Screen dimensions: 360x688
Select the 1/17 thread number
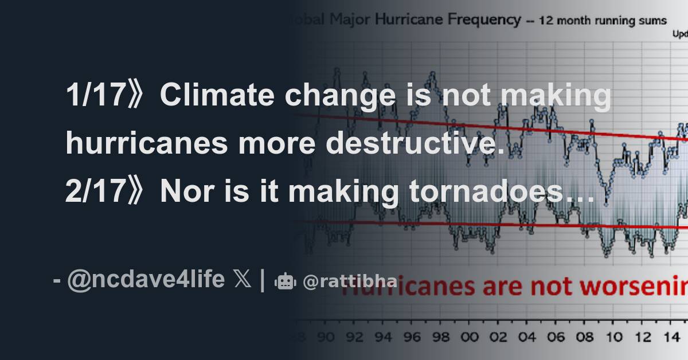click(x=94, y=95)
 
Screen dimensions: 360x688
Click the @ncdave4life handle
click(x=146, y=280)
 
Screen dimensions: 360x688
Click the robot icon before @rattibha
click(x=285, y=281)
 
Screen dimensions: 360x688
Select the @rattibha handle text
click(x=350, y=281)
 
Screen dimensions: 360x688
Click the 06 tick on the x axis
click(x=554, y=337)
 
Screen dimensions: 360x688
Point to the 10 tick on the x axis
click(x=613, y=337)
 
